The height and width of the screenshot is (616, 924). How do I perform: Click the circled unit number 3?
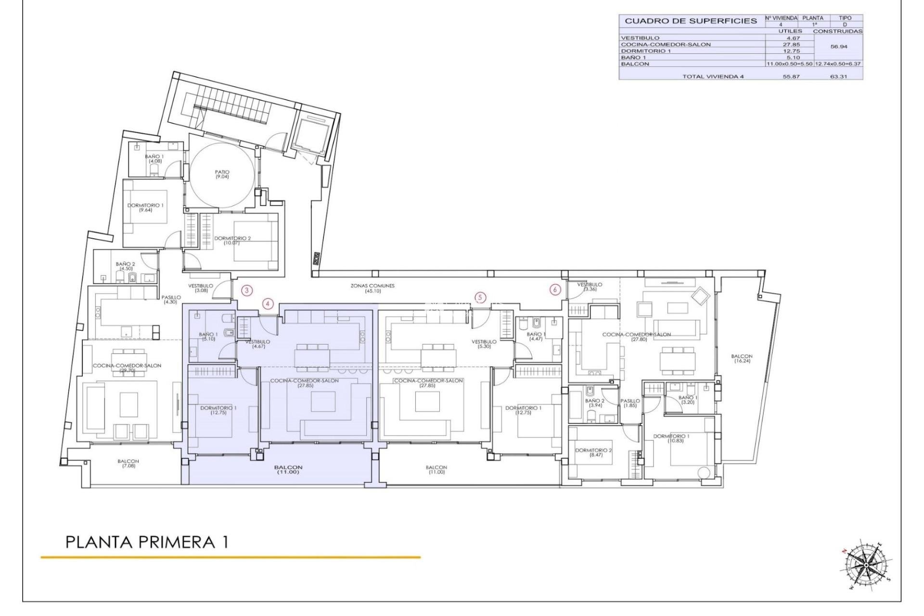[x=246, y=290]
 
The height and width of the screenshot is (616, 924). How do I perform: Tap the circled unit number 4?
[x=268, y=304]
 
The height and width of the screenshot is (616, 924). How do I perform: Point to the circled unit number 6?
[x=555, y=290]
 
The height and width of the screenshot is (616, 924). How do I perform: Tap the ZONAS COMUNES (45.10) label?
[x=372, y=288]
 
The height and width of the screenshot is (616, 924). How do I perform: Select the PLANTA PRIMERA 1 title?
[x=147, y=542]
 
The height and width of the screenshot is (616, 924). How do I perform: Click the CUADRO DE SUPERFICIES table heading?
[x=691, y=21]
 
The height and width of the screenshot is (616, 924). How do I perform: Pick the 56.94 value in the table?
[x=839, y=47]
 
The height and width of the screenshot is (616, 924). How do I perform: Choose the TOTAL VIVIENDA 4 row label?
[x=713, y=77]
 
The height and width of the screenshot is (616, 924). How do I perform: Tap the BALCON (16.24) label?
[x=741, y=359]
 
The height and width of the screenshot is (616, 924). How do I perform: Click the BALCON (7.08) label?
[x=128, y=463]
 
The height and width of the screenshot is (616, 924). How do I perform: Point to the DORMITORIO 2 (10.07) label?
[x=232, y=240]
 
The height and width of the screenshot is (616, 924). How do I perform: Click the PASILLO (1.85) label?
[x=629, y=403]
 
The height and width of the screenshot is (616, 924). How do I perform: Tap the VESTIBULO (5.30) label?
[x=484, y=344]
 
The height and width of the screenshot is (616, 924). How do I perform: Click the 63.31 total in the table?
[x=838, y=77]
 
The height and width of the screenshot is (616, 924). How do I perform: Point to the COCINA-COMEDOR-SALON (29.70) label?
[x=127, y=368]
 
